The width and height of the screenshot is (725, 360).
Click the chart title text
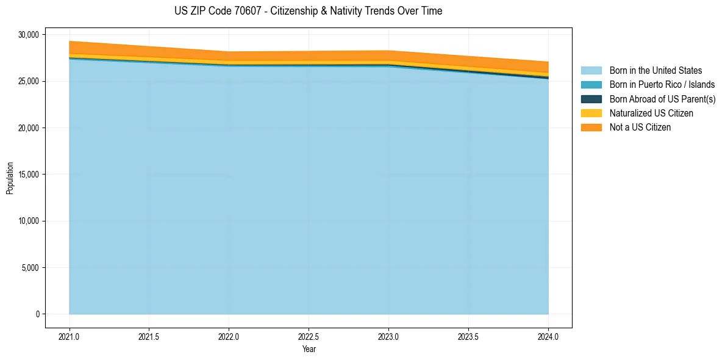tap(308, 11)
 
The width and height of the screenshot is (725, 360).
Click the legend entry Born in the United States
tap(655, 71)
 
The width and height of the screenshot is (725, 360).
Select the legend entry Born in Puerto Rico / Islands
tap(662, 85)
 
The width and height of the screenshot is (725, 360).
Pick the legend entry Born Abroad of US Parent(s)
tap(662, 99)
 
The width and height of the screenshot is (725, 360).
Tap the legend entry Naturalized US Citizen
tap(651, 113)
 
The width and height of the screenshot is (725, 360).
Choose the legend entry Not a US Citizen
tap(640, 127)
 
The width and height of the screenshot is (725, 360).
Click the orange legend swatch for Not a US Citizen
tap(591, 127)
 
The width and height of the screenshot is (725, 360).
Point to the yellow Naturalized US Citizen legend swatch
tap(591, 113)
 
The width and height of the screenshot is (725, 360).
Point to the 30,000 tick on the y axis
tap(27, 35)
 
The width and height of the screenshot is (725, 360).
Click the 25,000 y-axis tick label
tap(27, 81)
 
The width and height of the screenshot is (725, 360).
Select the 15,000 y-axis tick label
tap(27, 175)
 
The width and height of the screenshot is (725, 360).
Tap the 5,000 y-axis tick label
tap(29, 268)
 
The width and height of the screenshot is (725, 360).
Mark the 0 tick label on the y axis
tap(37, 314)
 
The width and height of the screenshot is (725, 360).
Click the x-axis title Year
tap(309, 349)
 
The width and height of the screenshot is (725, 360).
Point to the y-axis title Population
tap(10, 178)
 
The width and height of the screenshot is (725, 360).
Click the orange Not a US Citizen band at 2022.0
tap(229, 56)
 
